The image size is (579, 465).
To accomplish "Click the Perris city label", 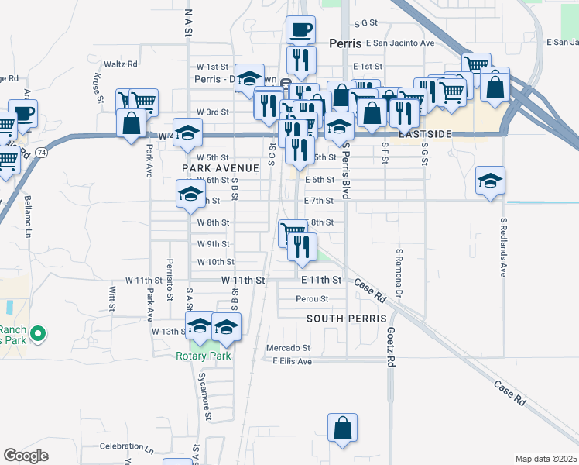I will coord(346,44).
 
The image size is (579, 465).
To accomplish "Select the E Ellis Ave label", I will coord(291,361).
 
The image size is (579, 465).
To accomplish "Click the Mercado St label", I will coord(288,348).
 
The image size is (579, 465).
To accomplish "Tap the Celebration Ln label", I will coord(127,447).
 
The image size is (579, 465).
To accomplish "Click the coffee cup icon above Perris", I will coord(300,30).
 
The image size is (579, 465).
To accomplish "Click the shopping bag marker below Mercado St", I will coord(342,429).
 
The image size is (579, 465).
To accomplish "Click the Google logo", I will coord(26,456).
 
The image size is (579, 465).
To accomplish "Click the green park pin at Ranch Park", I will coord(36,335).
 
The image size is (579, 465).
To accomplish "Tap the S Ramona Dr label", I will coord(399,273).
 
